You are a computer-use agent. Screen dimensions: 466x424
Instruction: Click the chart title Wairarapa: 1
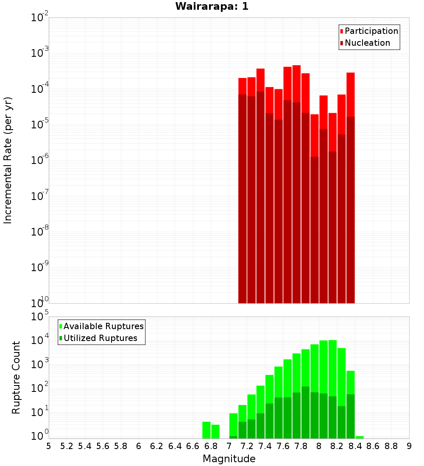click(212, 6)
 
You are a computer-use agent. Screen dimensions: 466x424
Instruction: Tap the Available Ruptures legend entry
click(103, 326)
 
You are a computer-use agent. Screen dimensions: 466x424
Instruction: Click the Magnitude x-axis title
click(229, 459)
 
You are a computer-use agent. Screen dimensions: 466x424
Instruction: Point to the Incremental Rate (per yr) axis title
click(8, 160)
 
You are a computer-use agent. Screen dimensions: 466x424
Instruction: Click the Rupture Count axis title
click(16, 377)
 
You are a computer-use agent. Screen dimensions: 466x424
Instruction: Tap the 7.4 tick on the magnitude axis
click(265, 446)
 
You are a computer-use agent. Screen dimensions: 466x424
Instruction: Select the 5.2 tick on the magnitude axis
click(67, 446)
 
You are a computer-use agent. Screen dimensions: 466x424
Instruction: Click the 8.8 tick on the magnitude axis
click(391, 446)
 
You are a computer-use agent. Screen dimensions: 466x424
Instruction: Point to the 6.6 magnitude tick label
click(193, 446)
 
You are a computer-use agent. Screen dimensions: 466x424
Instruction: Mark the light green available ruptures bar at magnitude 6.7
click(206, 430)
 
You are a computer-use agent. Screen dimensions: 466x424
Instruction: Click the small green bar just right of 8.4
click(360, 437)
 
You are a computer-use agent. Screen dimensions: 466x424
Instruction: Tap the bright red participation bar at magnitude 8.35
click(350, 93)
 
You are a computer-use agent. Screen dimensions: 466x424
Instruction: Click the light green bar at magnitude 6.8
click(215, 431)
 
